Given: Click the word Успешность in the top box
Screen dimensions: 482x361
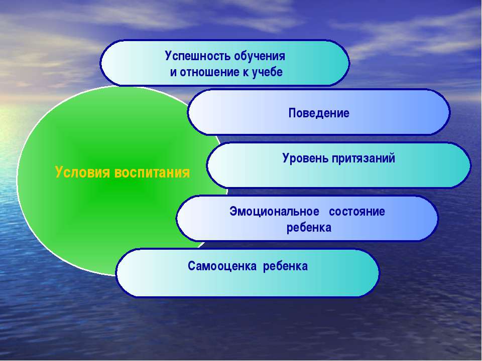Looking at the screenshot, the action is point(198,57).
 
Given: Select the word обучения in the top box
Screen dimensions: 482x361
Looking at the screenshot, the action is point(260,57).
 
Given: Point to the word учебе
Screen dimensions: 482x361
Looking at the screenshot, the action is point(267,73).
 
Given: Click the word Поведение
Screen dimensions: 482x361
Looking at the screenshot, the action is point(319,113).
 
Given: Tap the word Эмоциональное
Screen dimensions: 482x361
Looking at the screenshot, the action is point(274,212).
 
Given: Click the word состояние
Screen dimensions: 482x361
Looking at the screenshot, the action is point(357,212).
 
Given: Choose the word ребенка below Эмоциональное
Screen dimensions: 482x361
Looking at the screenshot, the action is point(309,228).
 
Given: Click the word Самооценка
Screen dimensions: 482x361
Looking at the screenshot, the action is point(222,266).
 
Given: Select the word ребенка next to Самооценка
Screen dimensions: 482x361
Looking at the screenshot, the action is point(285,266).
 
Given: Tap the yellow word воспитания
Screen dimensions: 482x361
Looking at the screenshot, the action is point(152,172).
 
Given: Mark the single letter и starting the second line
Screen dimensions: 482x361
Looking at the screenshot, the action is point(173,72).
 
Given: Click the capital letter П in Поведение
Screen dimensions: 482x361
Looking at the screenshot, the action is point(292,113).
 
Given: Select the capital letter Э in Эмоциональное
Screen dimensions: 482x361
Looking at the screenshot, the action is point(233,212).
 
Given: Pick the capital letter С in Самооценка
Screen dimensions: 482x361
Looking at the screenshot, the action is point(192,266).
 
